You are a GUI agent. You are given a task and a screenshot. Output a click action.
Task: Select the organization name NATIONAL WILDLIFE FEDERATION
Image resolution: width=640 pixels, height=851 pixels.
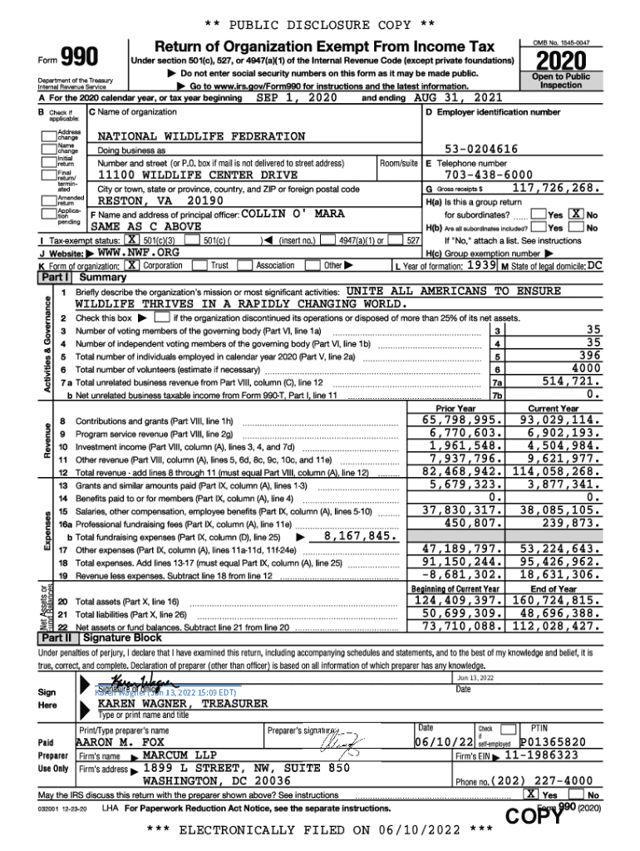pyautogui.click(x=202, y=135)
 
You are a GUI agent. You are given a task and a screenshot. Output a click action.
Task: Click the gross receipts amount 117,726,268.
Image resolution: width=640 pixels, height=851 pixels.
pyautogui.click(x=556, y=189)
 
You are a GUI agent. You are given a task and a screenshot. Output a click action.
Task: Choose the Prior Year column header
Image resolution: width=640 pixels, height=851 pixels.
pyautogui.click(x=456, y=408)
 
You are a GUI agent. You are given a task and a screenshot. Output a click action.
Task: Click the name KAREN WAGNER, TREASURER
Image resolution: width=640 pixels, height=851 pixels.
pyautogui.click(x=183, y=703)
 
